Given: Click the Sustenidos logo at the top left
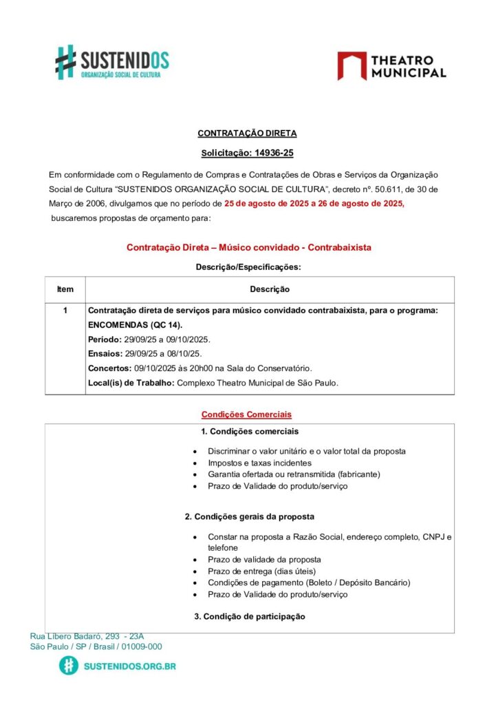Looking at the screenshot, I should pyautogui.click(x=111, y=62).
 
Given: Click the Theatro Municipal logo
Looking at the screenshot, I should pyautogui.click(x=391, y=66).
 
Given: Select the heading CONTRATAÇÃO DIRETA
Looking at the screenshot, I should pyautogui.click(x=248, y=134).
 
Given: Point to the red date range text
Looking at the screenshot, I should pyautogui.click(x=314, y=204).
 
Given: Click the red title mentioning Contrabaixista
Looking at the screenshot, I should pyautogui.click(x=249, y=247).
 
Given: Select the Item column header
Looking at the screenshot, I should pyautogui.click(x=65, y=289).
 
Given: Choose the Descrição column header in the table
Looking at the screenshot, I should pyautogui.click(x=269, y=289).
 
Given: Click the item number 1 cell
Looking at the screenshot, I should pyautogui.click(x=65, y=311).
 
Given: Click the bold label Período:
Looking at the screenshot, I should pyautogui.click(x=104, y=340).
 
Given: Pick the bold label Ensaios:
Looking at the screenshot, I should pyautogui.click(x=104, y=354).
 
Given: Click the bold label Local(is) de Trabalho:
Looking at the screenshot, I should pyautogui.click(x=131, y=383).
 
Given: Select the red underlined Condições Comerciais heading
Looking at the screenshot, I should pyautogui.click(x=246, y=414).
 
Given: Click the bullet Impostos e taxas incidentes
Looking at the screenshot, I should pyautogui.click(x=259, y=463).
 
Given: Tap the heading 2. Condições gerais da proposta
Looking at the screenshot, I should pyautogui.click(x=250, y=516).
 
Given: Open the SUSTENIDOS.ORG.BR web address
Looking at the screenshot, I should pyautogui.click(x=129, y=666).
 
